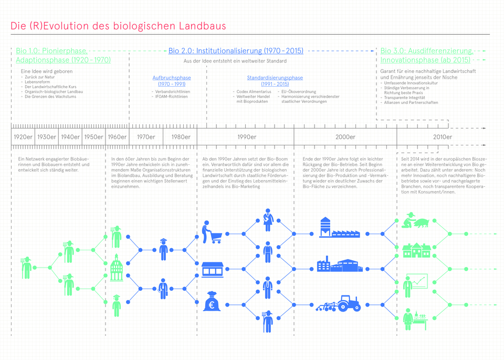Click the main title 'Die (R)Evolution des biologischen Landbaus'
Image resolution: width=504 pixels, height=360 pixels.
(118, 26)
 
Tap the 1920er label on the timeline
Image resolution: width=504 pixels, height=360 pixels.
(23, 137)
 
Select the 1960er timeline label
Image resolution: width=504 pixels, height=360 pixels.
(117, 137)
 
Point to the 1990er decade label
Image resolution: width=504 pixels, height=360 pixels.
(246, 137)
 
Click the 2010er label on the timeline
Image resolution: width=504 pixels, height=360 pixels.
(442, 137)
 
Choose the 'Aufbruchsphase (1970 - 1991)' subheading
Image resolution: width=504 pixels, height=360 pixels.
(172, 81)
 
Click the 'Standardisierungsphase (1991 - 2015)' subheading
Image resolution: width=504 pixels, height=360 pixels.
(275, 81)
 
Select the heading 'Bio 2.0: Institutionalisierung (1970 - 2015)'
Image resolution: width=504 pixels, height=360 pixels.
(236, 51)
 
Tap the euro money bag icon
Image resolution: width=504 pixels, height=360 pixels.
(213, 302)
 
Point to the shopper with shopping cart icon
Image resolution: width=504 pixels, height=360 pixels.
(211, 232)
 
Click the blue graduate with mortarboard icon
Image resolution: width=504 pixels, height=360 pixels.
(163, 249)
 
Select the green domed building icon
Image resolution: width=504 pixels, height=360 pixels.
(117, 269)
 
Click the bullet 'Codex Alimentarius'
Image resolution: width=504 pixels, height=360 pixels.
(254, 92)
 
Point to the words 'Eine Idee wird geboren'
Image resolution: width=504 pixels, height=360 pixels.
(47, 71)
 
